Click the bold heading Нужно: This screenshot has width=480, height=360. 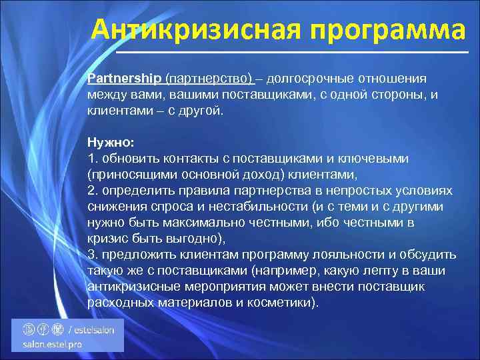tap(110, 142)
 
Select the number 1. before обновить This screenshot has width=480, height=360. tap(92, 159)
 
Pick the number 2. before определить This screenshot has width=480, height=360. tap(92, 191)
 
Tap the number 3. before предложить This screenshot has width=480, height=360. tap(92, 255)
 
